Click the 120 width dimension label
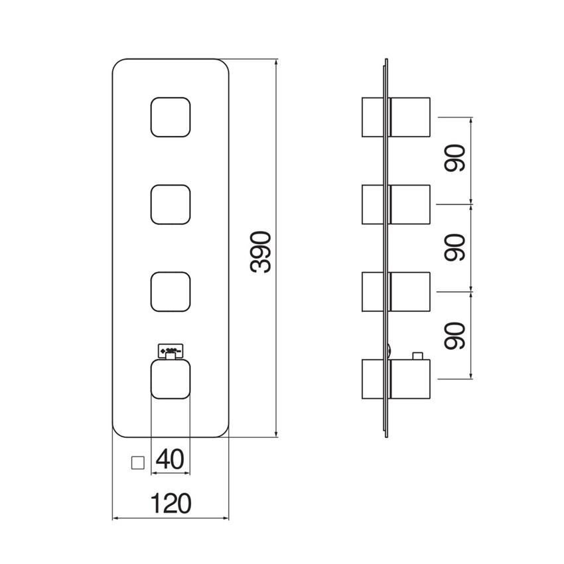click(x=171, y=502)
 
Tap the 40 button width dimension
click(x=170, y=459)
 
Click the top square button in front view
click(x=171, y=118)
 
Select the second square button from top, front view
click(x=171, y=204)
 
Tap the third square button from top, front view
click(x=171, y=291)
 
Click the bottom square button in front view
click(x=171, y=379)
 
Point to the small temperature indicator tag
click(x=171, y=349)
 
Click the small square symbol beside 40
click(x=138, y=462)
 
